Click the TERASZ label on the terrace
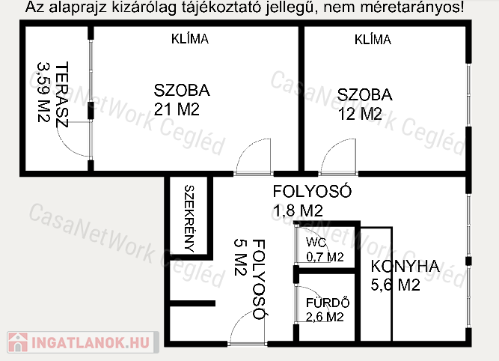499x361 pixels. click(x=62, y=94)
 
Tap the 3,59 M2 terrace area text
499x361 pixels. click(x=43, y=92)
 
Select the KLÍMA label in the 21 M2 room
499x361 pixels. click(x=190, y=39)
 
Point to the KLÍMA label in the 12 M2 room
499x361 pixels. click(x=373, y=40)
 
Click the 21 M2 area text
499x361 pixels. click(x=177, y=109)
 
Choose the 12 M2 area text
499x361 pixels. click(x=360, y=114)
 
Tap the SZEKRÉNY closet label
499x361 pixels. click(x=189, y=219)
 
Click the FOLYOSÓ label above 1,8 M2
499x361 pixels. click(x=312, y=191)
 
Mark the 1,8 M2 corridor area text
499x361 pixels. click(x=298, y=210)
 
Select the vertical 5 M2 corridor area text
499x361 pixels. click(x=241, y=257)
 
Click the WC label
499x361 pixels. click(x=316, y=243)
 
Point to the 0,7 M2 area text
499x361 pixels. click(x=325, y=257)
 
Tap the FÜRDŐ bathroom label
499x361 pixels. click(x=328, y=303)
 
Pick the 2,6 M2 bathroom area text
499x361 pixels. click(x=325, y=317)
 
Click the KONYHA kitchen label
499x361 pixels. click(x=405, y=267)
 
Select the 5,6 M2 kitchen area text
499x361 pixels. click(x=395, y=285)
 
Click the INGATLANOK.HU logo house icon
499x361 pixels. click(x=18, y=342)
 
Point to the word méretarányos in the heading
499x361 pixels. click(x=412, y=7)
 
